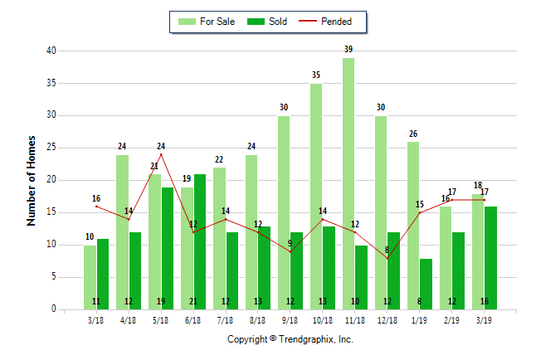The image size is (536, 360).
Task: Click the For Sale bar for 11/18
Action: pos(348,183)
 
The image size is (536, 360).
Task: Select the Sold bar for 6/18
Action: pos(200,241)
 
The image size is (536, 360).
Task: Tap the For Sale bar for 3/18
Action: pos(90,277)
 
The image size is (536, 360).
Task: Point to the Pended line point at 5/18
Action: pos(161,154)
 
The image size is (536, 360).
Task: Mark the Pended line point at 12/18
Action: pos(387,258)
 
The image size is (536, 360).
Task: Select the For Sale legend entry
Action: pos(207,22)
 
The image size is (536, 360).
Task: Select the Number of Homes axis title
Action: pos(32,180)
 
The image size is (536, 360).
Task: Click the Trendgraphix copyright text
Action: pos(290,339)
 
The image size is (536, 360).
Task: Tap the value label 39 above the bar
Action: pos(348,50)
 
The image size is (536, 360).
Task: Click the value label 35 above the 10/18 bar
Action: pos(316,75)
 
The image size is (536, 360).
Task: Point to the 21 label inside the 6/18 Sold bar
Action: pos(200,301)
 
